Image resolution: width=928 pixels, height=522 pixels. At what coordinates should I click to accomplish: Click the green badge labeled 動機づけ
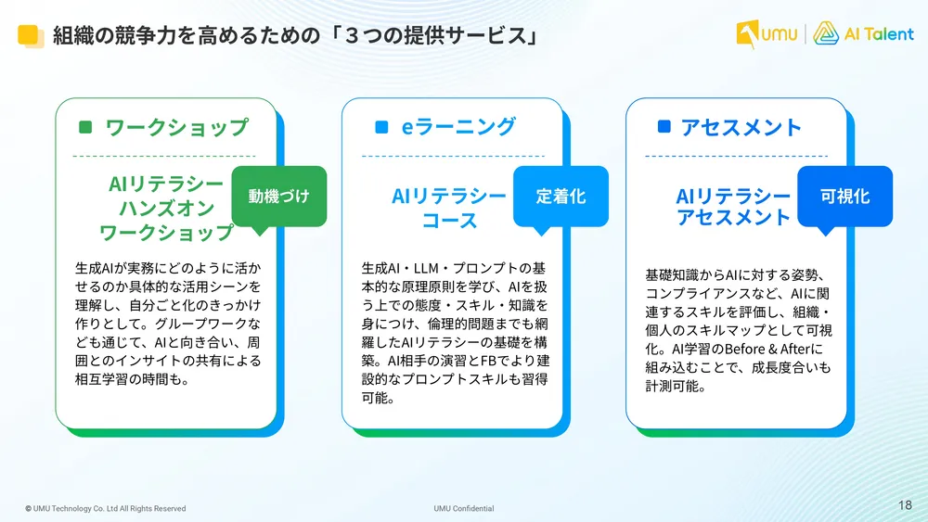coord(278,197)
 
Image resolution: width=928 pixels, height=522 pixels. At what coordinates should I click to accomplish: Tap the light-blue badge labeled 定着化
coord(561,197)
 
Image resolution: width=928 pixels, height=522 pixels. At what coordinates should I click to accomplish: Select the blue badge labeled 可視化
coord(844,197)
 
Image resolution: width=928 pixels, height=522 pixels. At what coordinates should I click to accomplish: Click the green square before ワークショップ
coord(86,128)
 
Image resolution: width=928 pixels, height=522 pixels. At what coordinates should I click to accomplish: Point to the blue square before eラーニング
coord(381,128)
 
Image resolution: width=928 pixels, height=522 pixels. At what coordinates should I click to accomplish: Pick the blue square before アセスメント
coord(664,128)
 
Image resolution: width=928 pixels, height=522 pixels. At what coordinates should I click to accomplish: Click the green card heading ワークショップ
coord(176,128)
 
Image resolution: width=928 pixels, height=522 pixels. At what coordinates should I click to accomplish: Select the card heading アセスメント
coord(741,128)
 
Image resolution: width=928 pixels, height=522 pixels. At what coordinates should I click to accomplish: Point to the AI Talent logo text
coord(877,34)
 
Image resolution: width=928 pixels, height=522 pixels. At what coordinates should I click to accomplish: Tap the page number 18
coord(906,505)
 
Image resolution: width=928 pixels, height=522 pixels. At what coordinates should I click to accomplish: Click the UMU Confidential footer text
coord(464,508)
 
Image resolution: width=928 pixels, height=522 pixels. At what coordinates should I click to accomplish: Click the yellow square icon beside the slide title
coord(30,36)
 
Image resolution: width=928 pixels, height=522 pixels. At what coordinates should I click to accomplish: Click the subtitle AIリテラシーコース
coord(449,208)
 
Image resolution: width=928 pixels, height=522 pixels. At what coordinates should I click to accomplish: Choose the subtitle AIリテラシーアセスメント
coord(733,207)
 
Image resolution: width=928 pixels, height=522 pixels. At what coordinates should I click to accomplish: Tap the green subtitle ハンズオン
coord(166,208)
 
